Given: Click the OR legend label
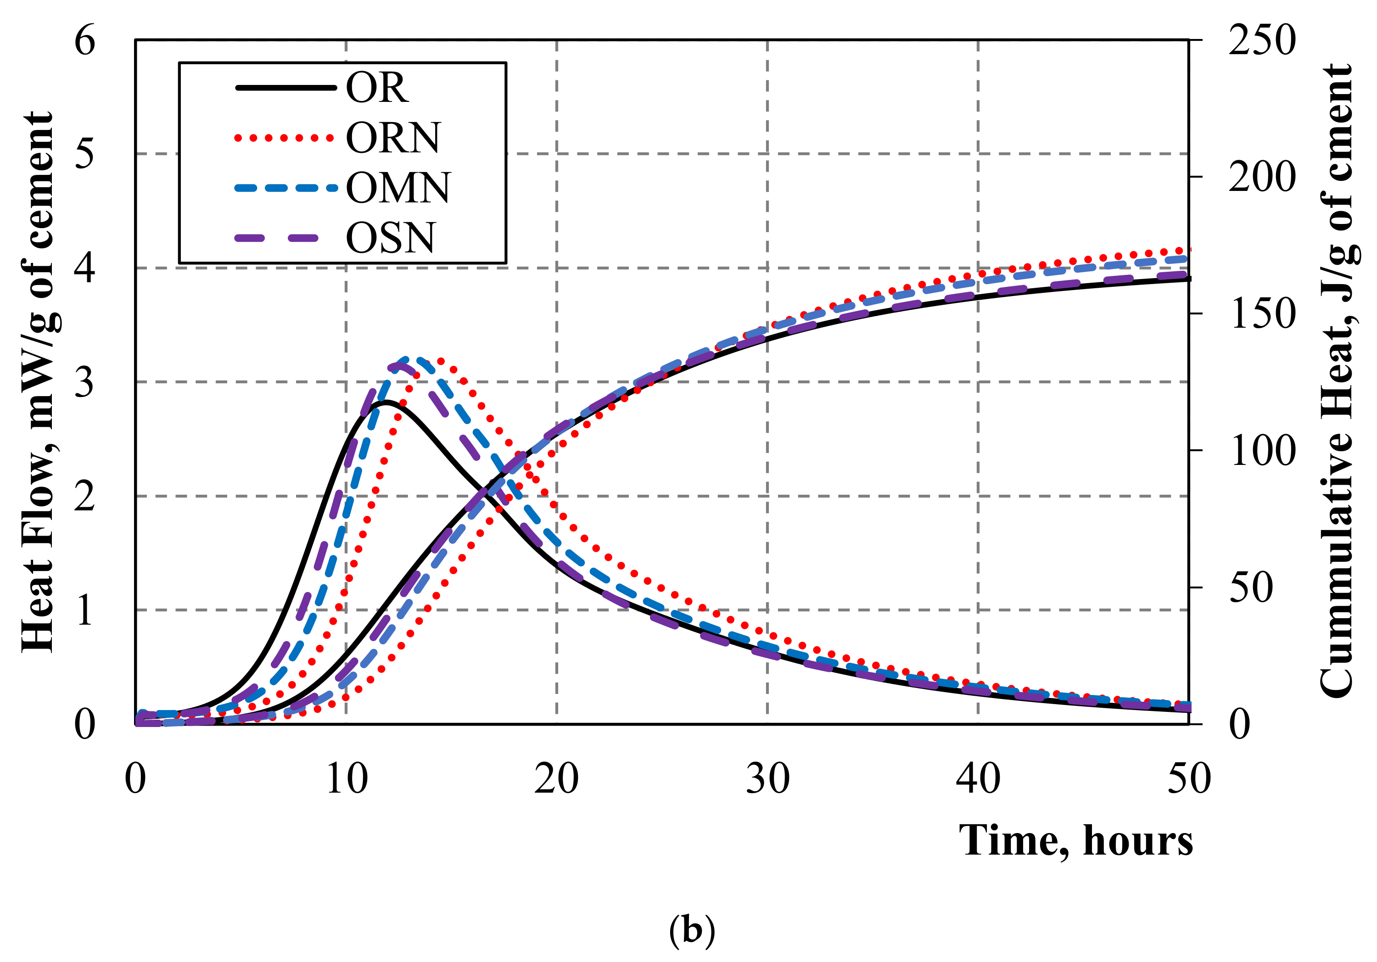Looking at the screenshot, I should [377, 88].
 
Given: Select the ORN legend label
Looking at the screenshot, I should [393, 138].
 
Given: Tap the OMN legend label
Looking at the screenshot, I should [397, 188].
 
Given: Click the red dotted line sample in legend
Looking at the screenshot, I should [284, 138].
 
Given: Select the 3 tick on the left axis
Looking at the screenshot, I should [84, 382].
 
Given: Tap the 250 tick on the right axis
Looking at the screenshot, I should [1262, 41].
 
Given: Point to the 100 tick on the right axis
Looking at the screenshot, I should [1262, 450].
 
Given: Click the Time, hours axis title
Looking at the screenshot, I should [1076, 841].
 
